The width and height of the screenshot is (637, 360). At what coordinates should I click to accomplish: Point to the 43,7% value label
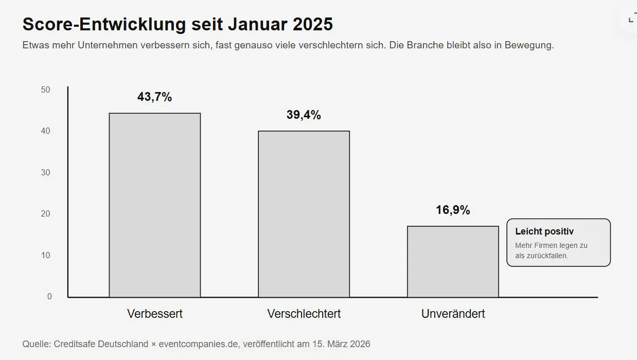click(154, 97)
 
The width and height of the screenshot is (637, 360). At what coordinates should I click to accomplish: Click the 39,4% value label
click(304, 115)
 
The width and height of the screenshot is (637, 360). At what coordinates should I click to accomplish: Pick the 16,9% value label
click(453, 210)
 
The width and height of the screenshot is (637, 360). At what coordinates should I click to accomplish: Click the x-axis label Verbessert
click(154, 314)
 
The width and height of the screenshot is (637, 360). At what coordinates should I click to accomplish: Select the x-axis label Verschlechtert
click(304, 314)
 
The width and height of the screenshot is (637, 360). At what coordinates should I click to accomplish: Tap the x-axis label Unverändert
click(453, 314)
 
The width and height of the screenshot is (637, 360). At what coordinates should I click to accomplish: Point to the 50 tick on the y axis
click(45, 89)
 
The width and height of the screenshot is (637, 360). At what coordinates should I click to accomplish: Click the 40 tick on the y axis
click(45, 131)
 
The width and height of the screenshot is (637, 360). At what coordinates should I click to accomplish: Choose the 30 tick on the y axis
click(45, 172)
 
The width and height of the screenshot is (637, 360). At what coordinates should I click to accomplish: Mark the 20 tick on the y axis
click(45, 214)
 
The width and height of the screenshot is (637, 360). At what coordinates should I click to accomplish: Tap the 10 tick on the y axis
click(45, 256)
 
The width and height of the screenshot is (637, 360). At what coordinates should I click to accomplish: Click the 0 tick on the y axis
click(49, 296)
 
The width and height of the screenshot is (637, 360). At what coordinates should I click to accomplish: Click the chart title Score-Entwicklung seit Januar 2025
click(178, 24)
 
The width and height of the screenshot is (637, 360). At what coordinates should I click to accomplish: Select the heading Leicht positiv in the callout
click(544, 231)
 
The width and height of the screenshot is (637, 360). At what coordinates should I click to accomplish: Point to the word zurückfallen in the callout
click(547, 256)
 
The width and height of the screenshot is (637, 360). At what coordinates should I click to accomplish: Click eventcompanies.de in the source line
click(199, 344)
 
